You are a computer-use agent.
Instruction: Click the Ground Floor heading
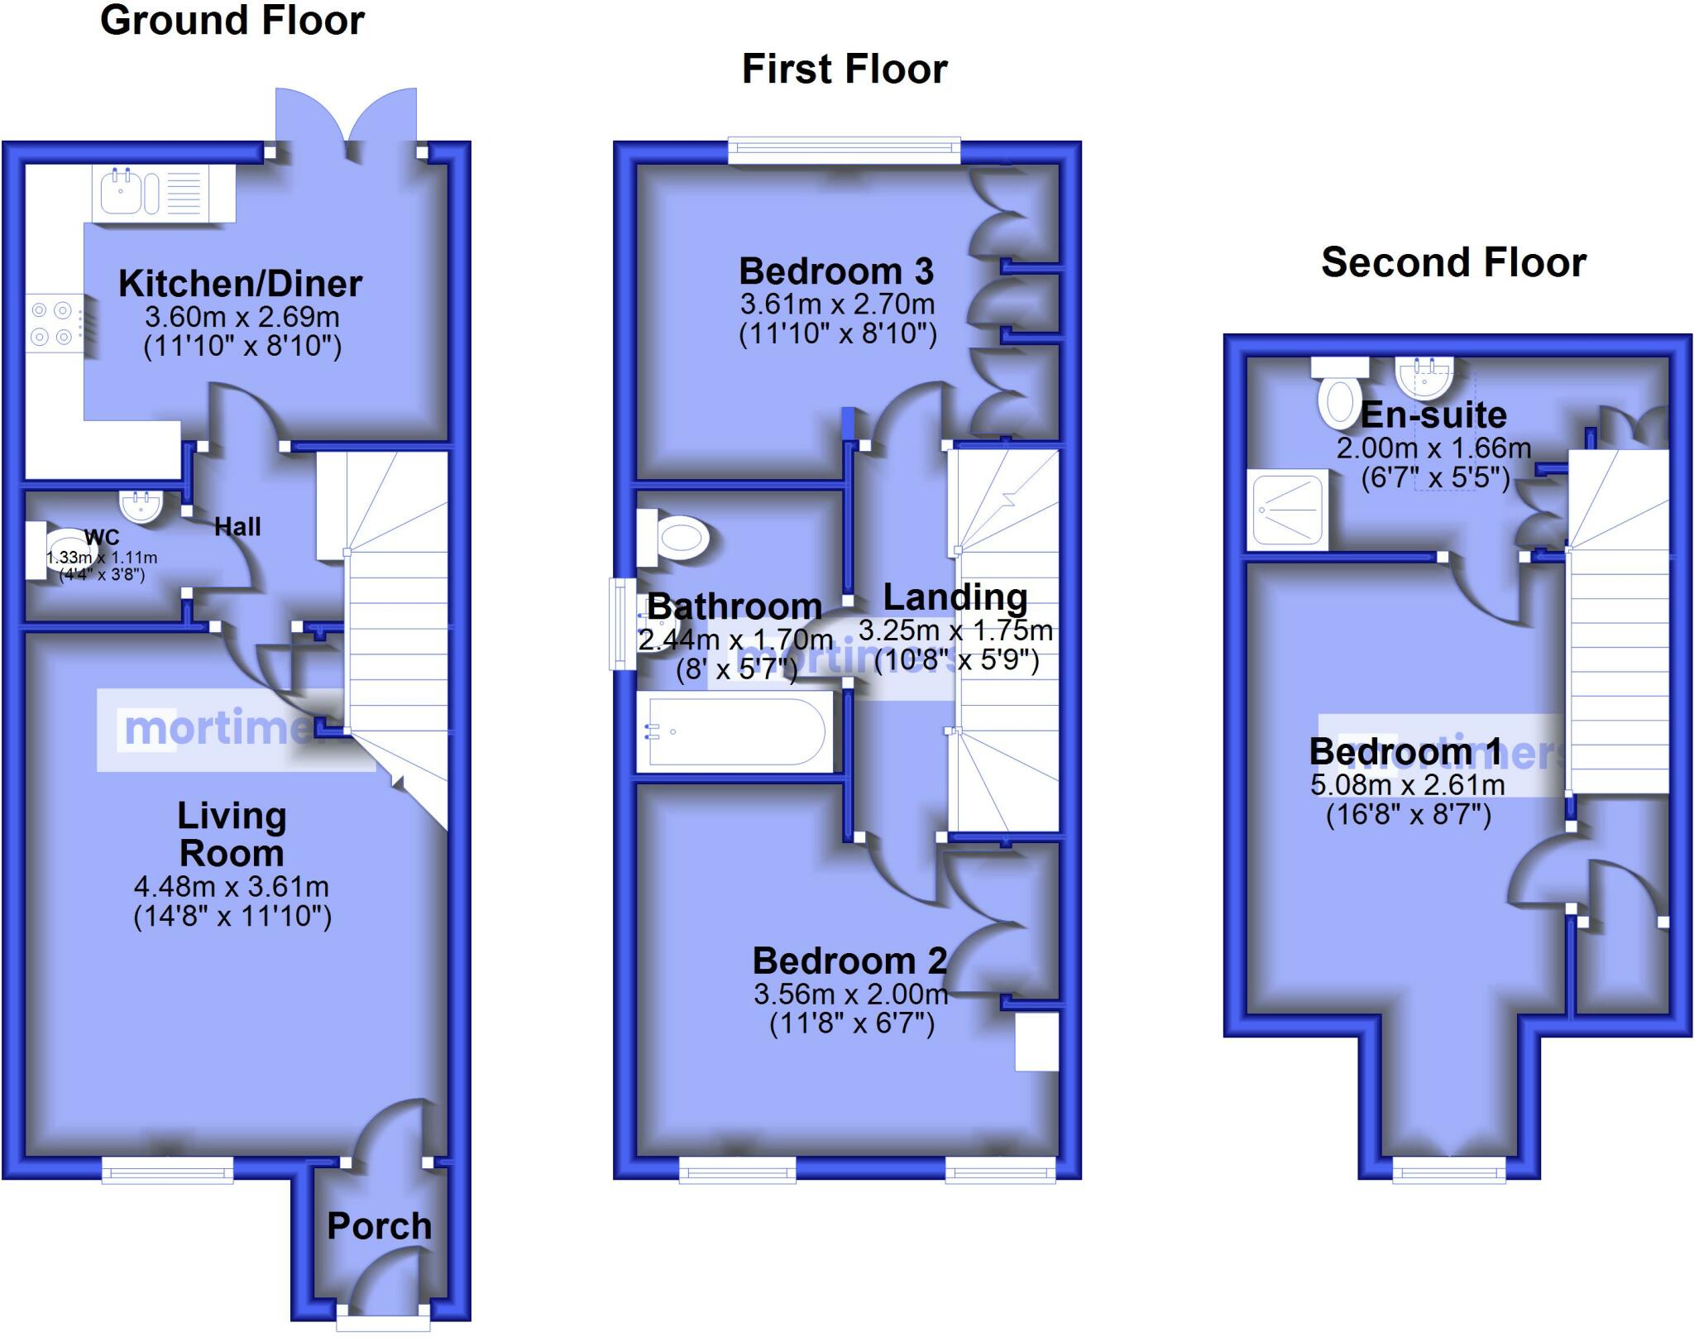[232, 21]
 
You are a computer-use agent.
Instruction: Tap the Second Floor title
[1453, 262]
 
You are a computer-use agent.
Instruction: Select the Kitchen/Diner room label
[240, 284]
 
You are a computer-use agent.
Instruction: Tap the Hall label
[237, 527]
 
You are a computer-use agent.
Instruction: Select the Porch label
[379, 1226]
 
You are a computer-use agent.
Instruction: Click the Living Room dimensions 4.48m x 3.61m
[232, 887]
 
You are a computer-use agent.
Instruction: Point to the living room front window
[167, 1168]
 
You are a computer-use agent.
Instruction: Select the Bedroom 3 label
[835, 271]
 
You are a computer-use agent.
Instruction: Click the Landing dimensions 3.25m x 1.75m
[955, 631]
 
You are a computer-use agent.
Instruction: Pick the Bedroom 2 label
[849, 961]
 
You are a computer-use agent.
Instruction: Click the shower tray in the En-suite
[1288, 510]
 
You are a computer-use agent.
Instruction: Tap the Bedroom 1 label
[1404, 751]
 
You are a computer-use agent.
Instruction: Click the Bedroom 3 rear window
[844, 151]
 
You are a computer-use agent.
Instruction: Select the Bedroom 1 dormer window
[1449, 1168]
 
